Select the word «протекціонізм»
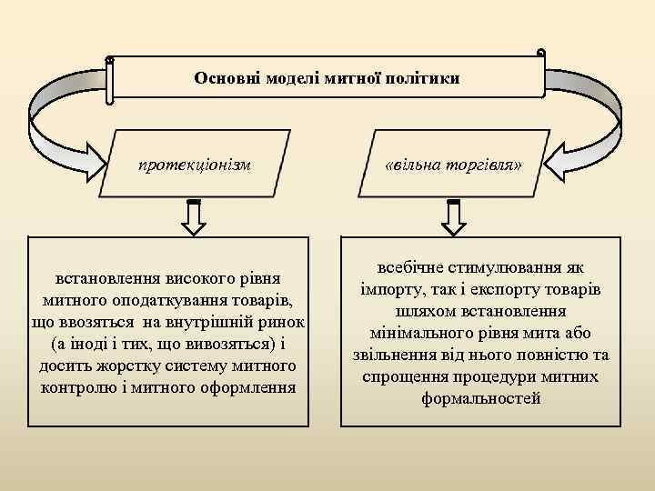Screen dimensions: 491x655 (x=194, y=165)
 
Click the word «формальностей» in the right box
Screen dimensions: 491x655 (x=480, y=398)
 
